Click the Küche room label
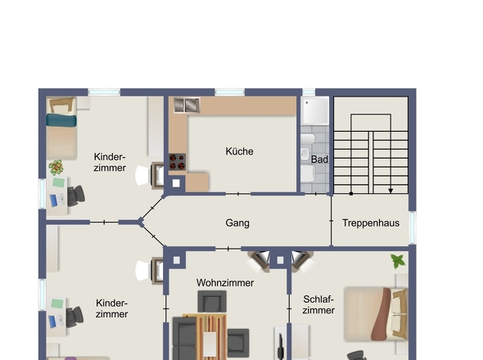239,151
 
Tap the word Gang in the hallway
237,223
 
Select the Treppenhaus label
370,223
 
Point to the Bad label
319,160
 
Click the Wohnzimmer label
225,283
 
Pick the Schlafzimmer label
318,304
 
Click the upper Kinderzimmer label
110,162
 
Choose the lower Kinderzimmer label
111,308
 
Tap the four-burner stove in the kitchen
178,161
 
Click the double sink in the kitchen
186,105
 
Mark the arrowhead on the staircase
390,191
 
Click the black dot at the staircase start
351,194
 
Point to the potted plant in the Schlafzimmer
398,262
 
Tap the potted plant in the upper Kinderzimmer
56,168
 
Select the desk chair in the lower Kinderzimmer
74,316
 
